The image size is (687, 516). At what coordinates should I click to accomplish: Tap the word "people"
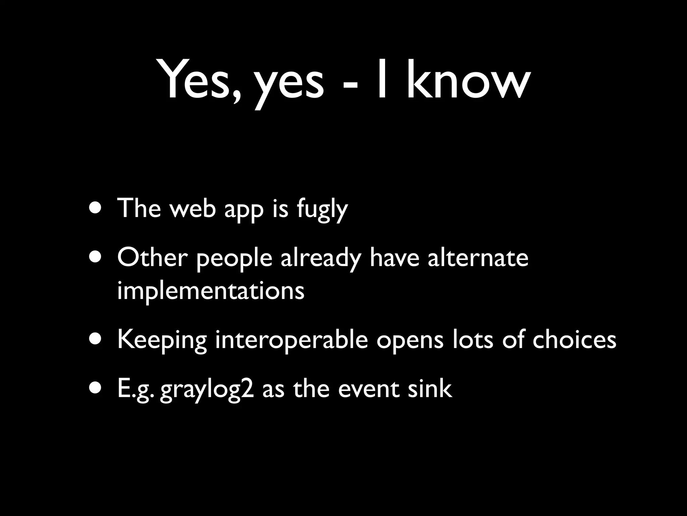[234, 260]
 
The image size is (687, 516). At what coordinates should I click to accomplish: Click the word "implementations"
[211, 291]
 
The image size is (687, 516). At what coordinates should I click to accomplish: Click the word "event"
[369, 390]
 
